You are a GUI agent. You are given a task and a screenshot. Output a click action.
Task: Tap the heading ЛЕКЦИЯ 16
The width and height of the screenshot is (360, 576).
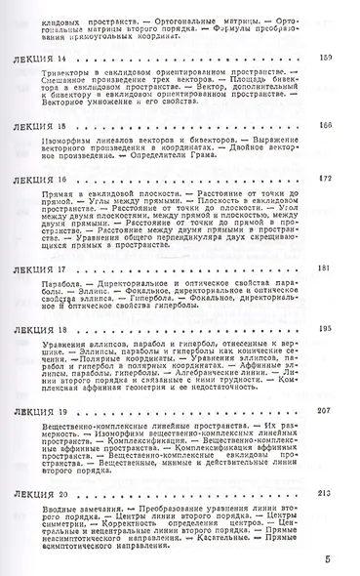[41, 182]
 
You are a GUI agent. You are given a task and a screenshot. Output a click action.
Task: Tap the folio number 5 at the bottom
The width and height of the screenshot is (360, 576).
[328, 558]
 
